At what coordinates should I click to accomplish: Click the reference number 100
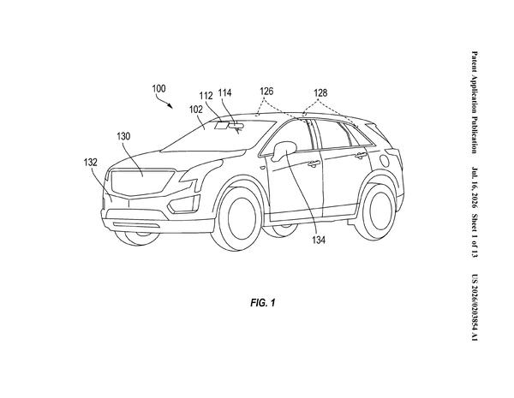point(159,88)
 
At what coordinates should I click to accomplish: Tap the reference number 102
point(196,110)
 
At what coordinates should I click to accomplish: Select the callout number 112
point(206,96)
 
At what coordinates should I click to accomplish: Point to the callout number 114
point(224,93)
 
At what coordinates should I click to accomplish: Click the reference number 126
point(266,91)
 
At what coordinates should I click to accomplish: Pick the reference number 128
point(320,92)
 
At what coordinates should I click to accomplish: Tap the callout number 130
point(123,136)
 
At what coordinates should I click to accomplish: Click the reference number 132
point(90,162)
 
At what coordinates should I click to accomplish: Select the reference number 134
point(319,241)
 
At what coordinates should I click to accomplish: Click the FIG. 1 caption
point(263,303)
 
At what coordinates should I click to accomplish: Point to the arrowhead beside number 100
point(170,105)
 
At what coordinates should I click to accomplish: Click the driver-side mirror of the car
point(284,150)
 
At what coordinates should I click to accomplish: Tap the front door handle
point(314,163)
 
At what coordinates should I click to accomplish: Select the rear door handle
point(361,155)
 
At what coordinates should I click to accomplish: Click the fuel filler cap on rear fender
point(384,161)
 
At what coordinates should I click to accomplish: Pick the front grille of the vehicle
point(142,182)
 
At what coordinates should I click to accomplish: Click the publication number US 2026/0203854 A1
point(475,307)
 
